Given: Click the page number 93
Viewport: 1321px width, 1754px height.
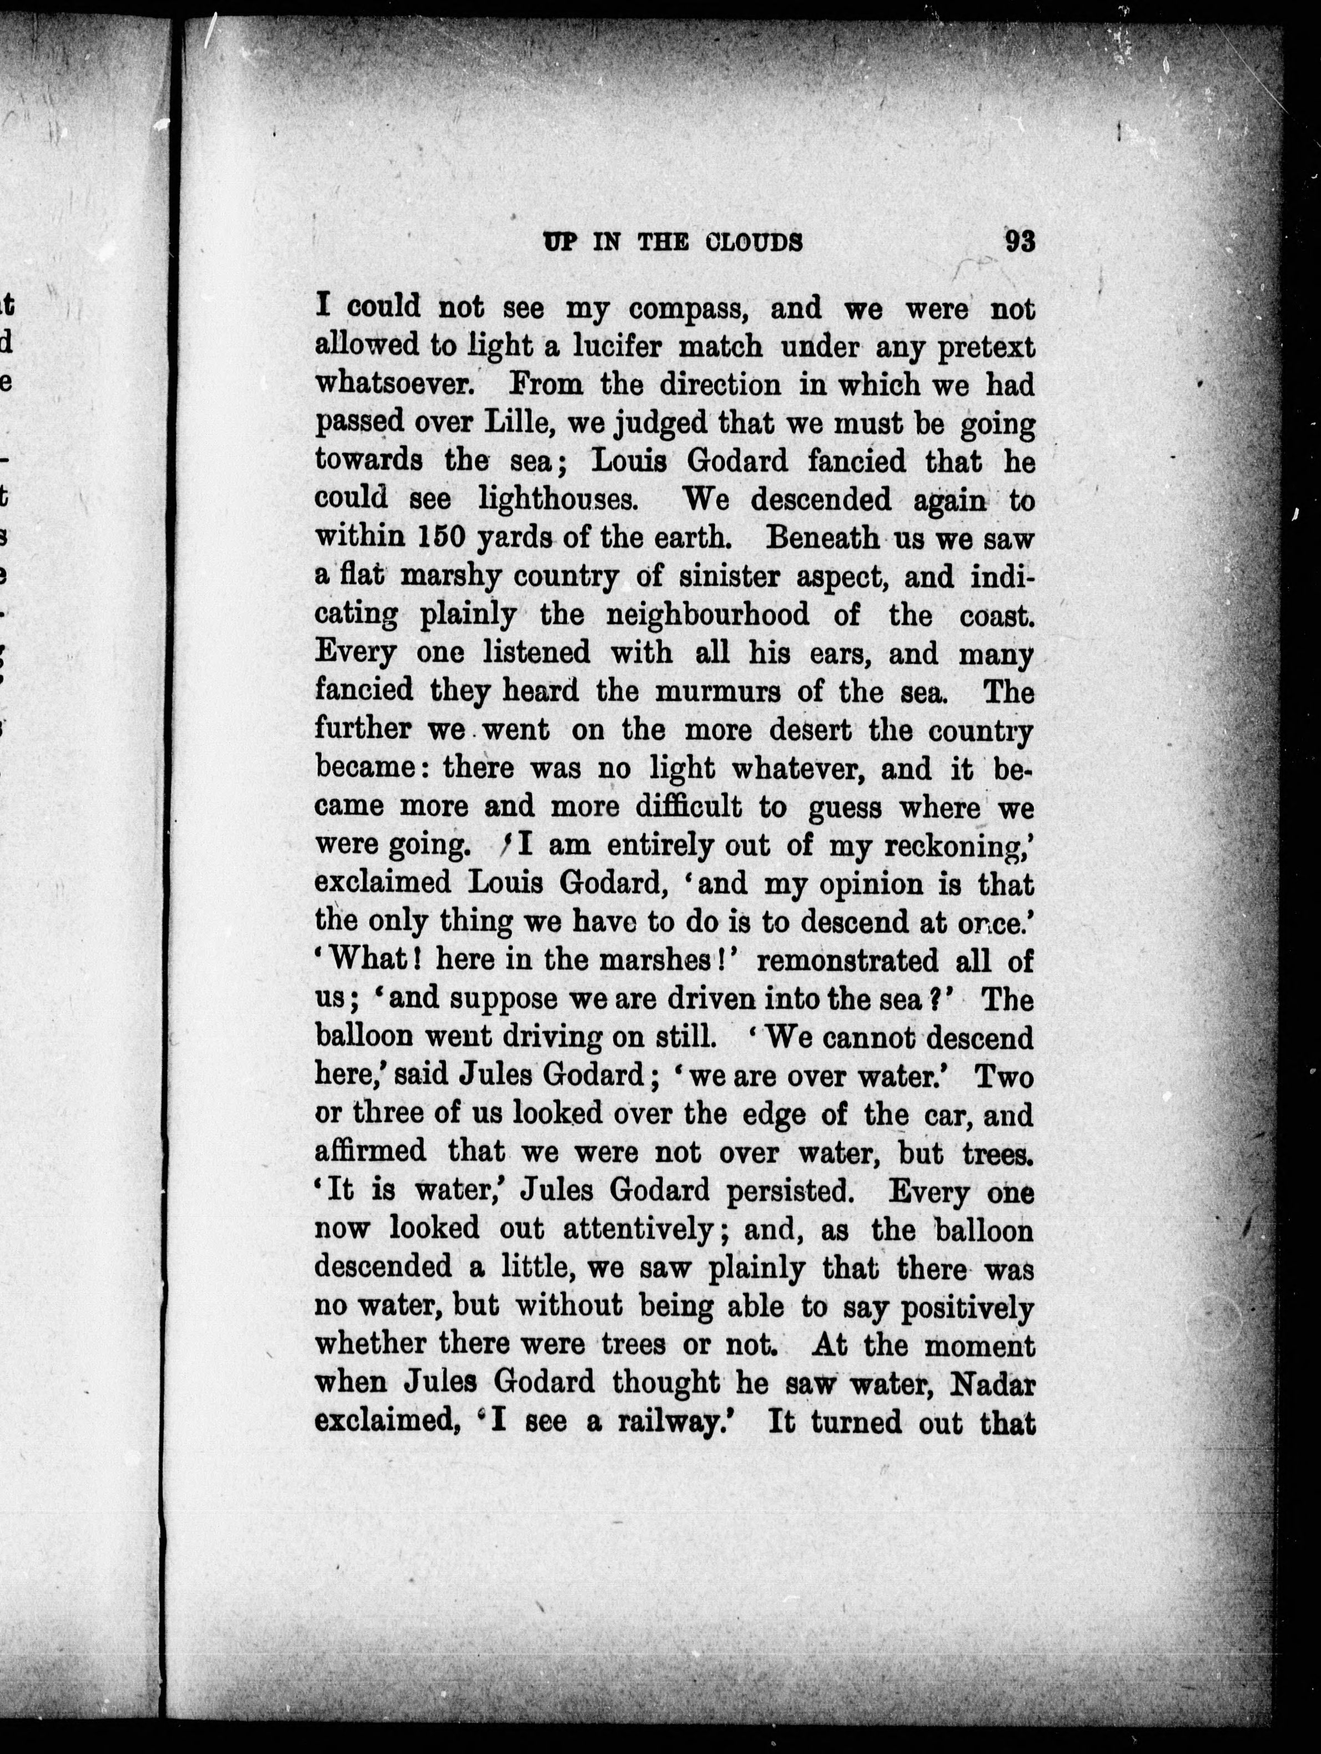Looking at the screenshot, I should tap(1020, 241).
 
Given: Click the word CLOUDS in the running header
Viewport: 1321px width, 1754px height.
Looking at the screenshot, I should tap(753, 242).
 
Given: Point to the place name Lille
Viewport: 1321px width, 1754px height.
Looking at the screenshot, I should tap(518, 424).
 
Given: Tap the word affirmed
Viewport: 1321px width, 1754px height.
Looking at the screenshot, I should tap(370, 1153).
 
